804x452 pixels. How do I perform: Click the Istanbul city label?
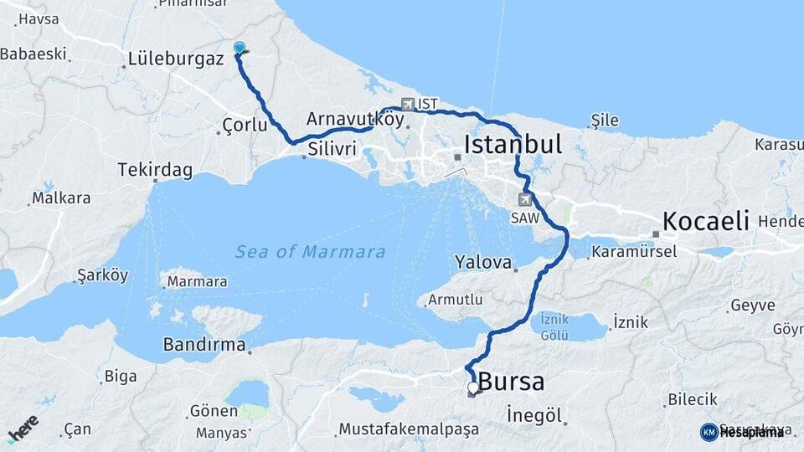(512, 144)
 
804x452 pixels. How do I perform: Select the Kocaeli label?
(705, 221)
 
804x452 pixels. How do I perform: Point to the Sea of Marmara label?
(310, 252)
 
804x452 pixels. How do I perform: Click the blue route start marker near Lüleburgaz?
(240, 49)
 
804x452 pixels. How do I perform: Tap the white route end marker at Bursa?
(473, 388)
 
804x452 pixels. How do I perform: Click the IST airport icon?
(408, 105)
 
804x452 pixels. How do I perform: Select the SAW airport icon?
(525, 199)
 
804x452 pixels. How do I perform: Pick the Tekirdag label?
(155, 171)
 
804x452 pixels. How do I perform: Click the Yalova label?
(483, 263)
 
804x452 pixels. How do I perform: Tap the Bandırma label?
(204, 345)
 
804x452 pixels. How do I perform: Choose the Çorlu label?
(245, 126)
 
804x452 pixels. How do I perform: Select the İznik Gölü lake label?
(554, 326)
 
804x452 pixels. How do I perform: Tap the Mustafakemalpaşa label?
(409, 429)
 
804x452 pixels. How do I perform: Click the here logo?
(23, 428)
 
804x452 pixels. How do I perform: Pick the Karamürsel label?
(634, 251)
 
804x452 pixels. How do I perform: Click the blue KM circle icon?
(709, 432)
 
